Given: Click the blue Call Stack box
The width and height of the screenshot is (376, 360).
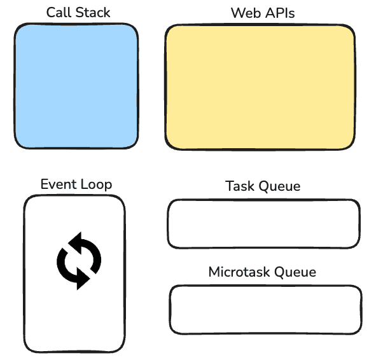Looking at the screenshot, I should [76, 87].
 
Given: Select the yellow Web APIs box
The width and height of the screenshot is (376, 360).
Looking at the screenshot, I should [260, 88].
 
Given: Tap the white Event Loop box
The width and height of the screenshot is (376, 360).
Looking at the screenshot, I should [74, 273].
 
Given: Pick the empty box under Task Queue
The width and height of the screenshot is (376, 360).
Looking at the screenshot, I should [263, 223].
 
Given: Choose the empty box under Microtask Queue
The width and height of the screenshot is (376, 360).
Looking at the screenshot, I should [265, 310].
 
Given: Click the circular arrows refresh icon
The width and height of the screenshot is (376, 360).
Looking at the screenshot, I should [79, 261].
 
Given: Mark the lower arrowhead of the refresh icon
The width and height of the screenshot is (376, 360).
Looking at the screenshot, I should [81, 280].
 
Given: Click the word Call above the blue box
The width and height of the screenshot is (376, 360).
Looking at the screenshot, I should [57, 13].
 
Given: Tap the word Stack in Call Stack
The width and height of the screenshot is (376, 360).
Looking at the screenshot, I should [92, 13].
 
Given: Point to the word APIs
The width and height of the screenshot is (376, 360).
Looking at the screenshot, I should [277, 13].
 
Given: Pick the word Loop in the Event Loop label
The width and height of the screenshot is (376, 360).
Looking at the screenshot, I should [96, 185].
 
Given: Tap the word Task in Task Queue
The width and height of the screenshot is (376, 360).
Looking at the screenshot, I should [240, 186].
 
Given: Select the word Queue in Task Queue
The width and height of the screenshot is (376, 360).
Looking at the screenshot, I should [280, 187].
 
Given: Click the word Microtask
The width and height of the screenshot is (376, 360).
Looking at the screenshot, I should [240, 272].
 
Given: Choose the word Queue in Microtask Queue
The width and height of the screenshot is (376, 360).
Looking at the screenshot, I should [295, 273].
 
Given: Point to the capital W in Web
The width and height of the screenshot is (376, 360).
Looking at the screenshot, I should [237, 13].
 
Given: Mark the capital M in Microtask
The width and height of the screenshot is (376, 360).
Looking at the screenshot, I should [214, 272].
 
